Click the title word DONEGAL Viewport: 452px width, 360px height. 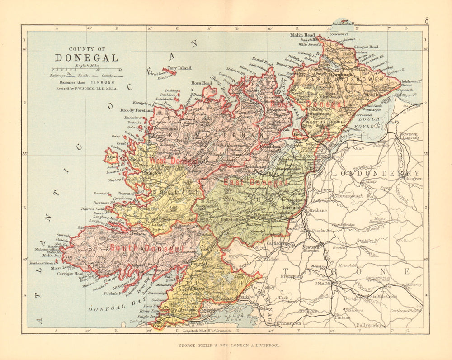pyautogui.click(x=86, y=58)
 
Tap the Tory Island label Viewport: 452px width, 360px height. pyautogui.click(x=179, y=68)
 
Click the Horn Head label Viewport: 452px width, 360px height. pyautogui.click(x=201, y=83)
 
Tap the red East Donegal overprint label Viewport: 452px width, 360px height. pyautogui.click(x=258, y=182)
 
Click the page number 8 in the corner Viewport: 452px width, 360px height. pyautogui.click(x=426, y=20)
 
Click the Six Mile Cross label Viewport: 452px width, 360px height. pyautogui.click(x=383, y=297)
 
